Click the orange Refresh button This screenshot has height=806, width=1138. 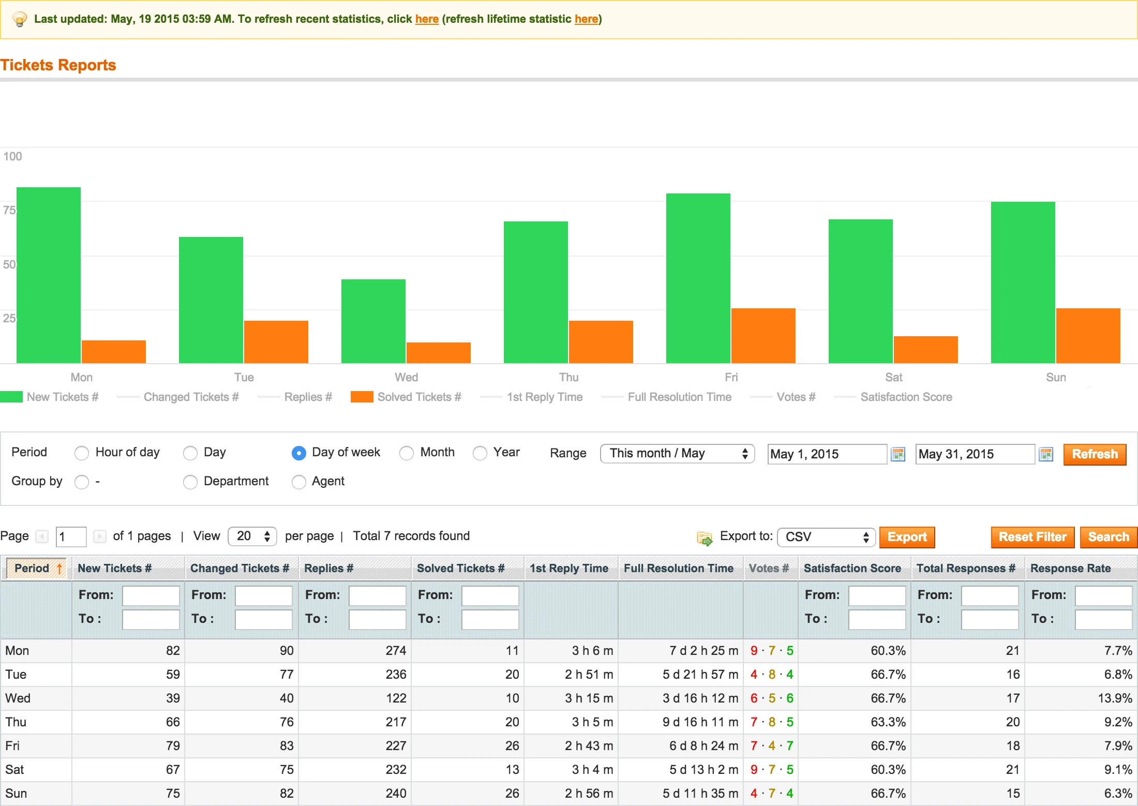1094,454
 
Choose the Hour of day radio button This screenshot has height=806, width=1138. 82,453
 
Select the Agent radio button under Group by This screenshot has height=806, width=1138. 298,482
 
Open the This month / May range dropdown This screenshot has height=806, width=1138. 677,454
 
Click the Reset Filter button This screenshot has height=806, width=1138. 1032,537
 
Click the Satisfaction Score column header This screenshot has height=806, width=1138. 852,568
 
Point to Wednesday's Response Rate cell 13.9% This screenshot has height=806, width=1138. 1114,698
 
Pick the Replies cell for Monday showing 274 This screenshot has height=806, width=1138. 395,651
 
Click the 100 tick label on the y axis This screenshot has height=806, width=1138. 12,156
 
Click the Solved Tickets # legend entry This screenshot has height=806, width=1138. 418,397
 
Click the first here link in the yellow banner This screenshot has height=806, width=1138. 426,19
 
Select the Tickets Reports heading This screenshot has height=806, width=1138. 58,65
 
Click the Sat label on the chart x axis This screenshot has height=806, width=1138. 893,377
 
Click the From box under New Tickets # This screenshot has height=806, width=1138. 151,595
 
